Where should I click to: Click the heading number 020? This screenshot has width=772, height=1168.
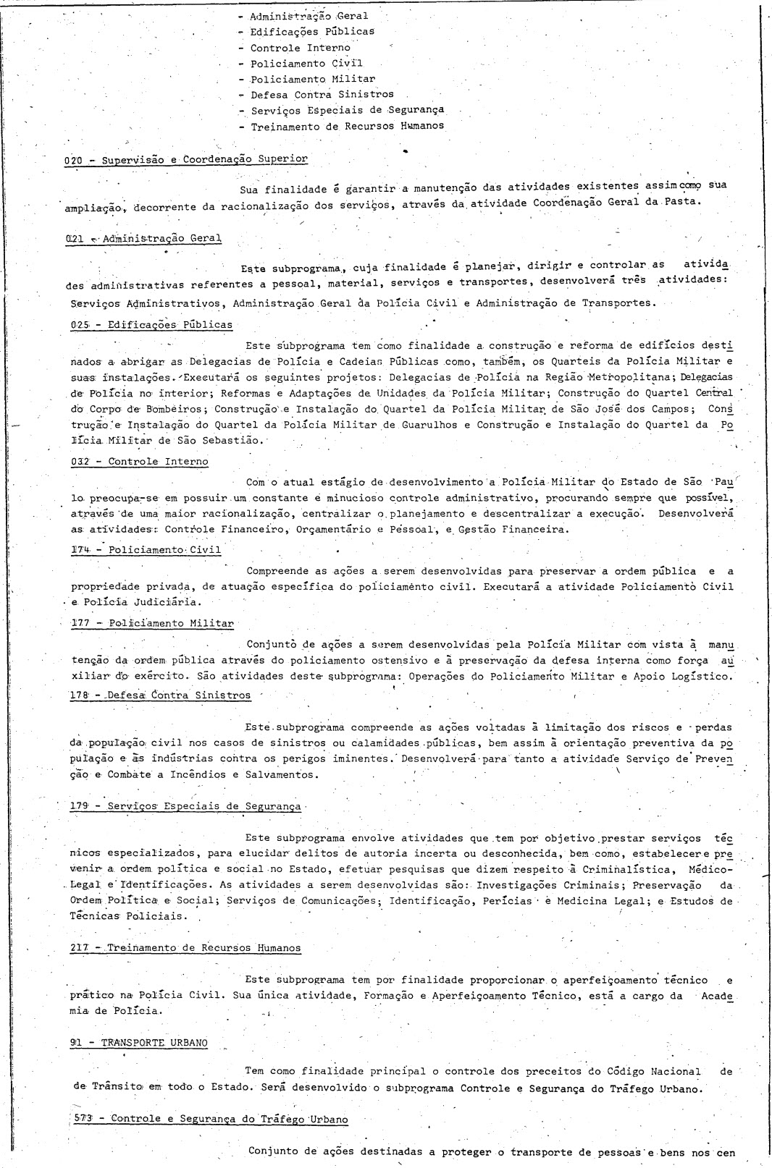coord(74,159)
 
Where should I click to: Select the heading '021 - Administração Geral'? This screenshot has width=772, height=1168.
coord(143,238)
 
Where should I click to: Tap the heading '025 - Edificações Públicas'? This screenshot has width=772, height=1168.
coord(151,325)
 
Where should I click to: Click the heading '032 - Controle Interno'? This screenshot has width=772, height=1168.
coord(139,462)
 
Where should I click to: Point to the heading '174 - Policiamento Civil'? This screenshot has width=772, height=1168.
coord(146,550)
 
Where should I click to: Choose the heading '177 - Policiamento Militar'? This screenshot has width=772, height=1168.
coord(152,623)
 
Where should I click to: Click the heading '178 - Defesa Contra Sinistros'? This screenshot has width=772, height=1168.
coord(161,695)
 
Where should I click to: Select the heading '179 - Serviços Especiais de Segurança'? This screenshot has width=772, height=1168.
coord(185,806)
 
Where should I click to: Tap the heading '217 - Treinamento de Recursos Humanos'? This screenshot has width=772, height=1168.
coord(185,948)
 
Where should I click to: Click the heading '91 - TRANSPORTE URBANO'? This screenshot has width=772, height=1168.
coord(139,1043)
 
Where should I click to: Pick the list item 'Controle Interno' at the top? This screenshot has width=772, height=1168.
coord(300,48)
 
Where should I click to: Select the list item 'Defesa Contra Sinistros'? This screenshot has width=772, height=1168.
coord(322,95)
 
